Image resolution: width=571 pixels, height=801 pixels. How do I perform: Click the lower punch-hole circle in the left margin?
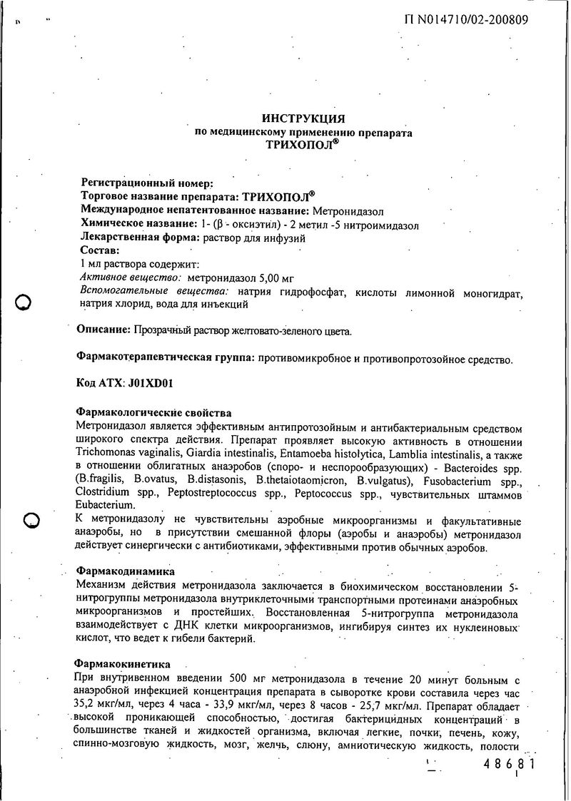tap(30, 521)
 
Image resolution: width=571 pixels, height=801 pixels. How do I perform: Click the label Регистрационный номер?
tap(146, 183)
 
